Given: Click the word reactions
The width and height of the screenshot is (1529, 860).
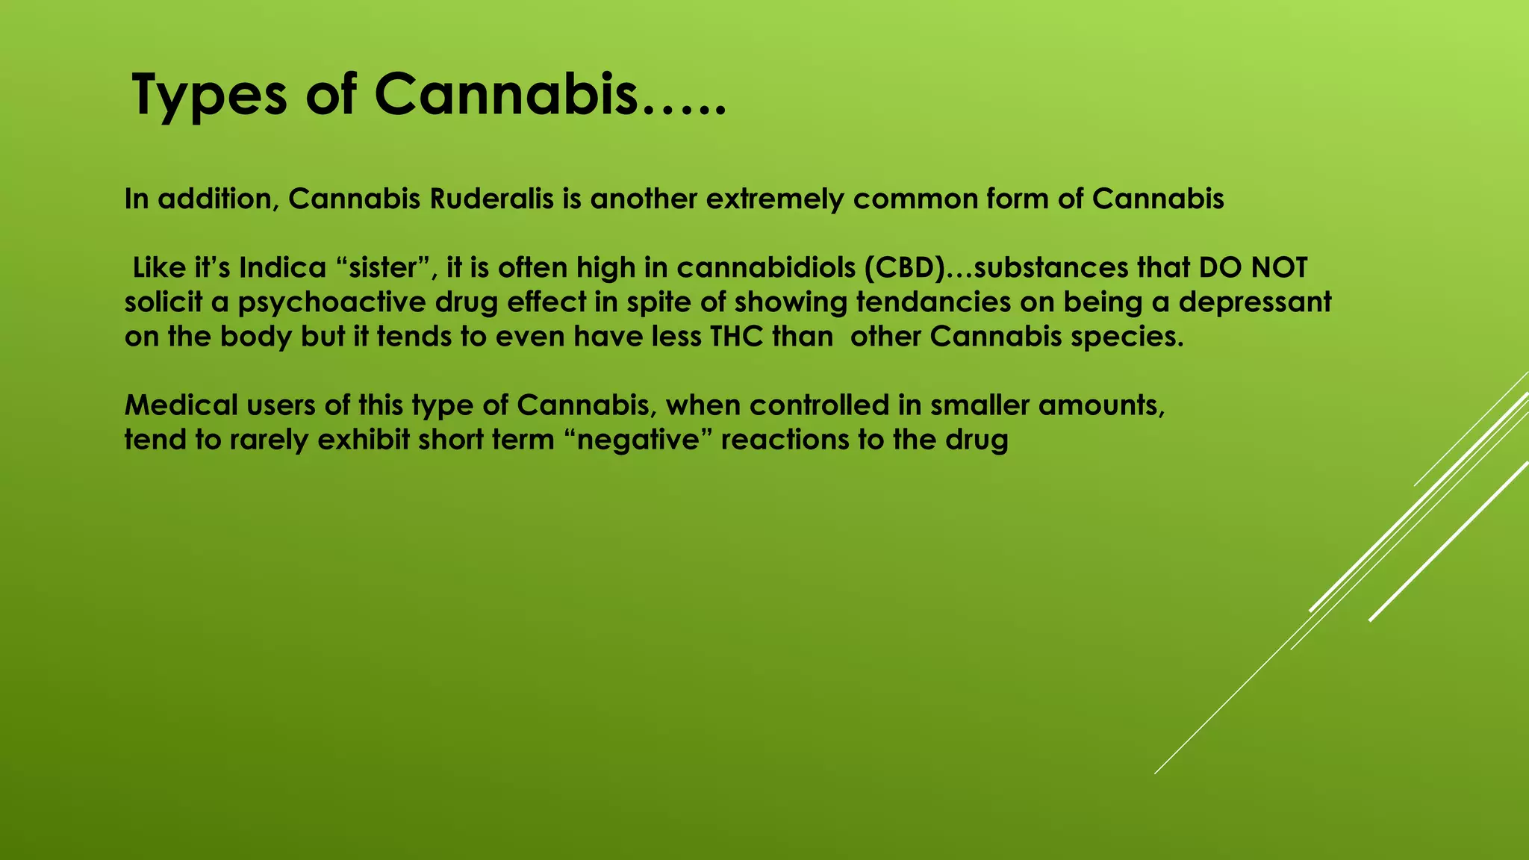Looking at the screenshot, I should pos(785,440).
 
